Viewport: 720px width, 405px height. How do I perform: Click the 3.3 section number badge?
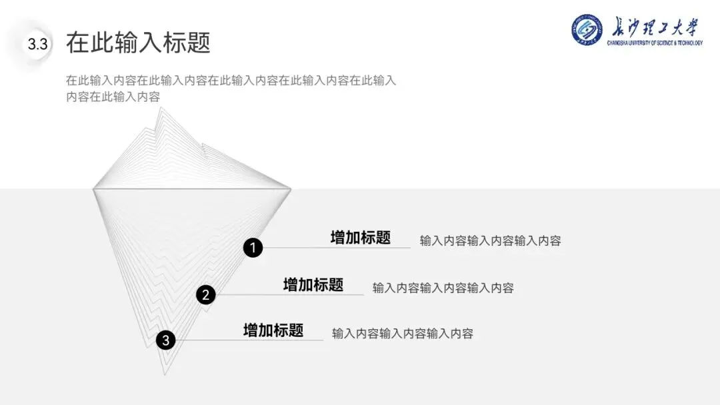pos(37,45)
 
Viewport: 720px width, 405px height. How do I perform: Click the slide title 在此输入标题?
pos(138,43)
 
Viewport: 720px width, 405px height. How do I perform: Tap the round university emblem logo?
pos(587,30)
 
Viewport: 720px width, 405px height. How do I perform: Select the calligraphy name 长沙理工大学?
pos(655,27)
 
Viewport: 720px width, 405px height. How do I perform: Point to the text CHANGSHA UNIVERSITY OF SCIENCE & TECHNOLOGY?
pos(655,43)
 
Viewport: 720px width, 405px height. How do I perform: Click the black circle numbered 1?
pos(253,248)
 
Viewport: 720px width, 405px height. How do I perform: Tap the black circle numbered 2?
pos(206,294)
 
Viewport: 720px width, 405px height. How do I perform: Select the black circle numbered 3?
pos(165,340)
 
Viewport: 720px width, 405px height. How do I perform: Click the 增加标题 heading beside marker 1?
pos(360,238)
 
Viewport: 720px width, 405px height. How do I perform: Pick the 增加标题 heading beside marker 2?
pos(313,285)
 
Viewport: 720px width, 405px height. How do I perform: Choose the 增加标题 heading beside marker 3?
pos(273,330)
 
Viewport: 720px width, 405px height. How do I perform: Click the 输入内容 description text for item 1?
pos(490,240)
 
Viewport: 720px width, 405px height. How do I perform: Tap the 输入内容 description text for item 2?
pos(443,288)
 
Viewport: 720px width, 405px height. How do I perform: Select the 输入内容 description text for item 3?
pos(403,334)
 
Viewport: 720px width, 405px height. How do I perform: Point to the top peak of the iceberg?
pos(159,109)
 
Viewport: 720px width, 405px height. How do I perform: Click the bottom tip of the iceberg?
pos(164,374)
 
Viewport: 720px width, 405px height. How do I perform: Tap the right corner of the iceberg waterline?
pos(291,189)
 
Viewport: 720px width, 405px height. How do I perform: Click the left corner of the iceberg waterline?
pos(93,189)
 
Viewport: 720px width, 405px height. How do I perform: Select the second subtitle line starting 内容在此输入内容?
pos(113,97)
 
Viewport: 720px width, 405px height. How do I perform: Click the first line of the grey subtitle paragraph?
pos(231,81)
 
